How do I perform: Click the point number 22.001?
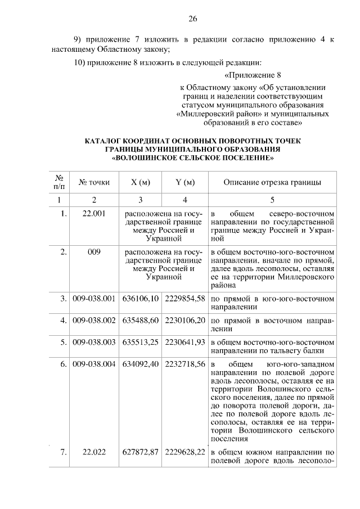(x=94, y=214)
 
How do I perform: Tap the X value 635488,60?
(x=141, y=319)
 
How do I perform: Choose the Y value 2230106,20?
(x=184, y=319)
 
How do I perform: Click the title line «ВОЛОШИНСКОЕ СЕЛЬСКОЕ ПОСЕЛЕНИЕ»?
(x=192, y=157)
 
